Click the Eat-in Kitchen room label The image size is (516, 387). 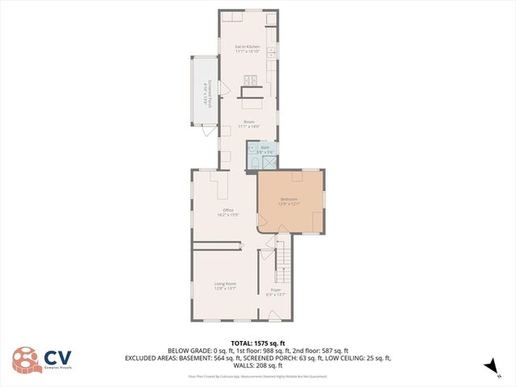click(248, 47)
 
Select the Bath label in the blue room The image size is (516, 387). click(264, 148)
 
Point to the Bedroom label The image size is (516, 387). click(289, 199)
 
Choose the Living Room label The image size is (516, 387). click(225, 284)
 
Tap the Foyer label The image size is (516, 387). click(276, 289)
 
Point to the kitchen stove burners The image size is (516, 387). click(252, 79)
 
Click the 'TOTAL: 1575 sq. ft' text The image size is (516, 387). click(257, 343)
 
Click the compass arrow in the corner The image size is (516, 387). click(489, 367)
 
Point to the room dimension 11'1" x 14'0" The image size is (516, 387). click(248, 127)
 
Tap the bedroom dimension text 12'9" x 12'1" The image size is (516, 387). click(289, 204)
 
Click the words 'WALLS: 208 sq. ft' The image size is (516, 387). click(257, 365)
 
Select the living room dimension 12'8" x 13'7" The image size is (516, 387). click(225, 289)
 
